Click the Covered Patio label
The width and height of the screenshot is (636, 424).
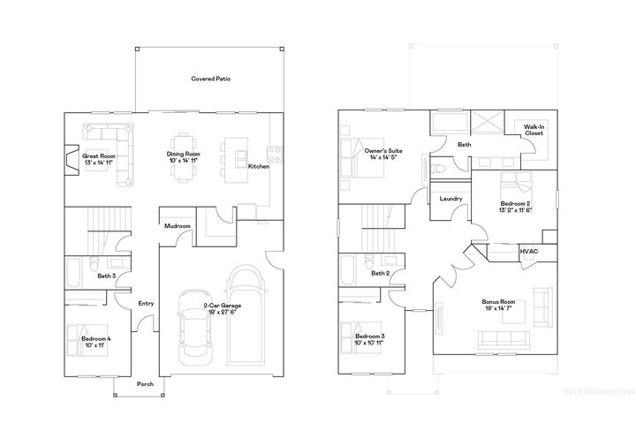pos(211,79)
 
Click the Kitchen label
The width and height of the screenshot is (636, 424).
pos(258,166)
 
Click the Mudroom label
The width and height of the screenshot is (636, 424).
pos(178,226)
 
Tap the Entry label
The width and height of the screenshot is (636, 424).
pos(146,304)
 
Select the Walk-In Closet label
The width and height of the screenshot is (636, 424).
pos(534,130)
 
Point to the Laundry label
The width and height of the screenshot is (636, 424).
pos(450,199)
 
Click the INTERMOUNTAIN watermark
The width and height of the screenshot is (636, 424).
pos(600,390)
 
